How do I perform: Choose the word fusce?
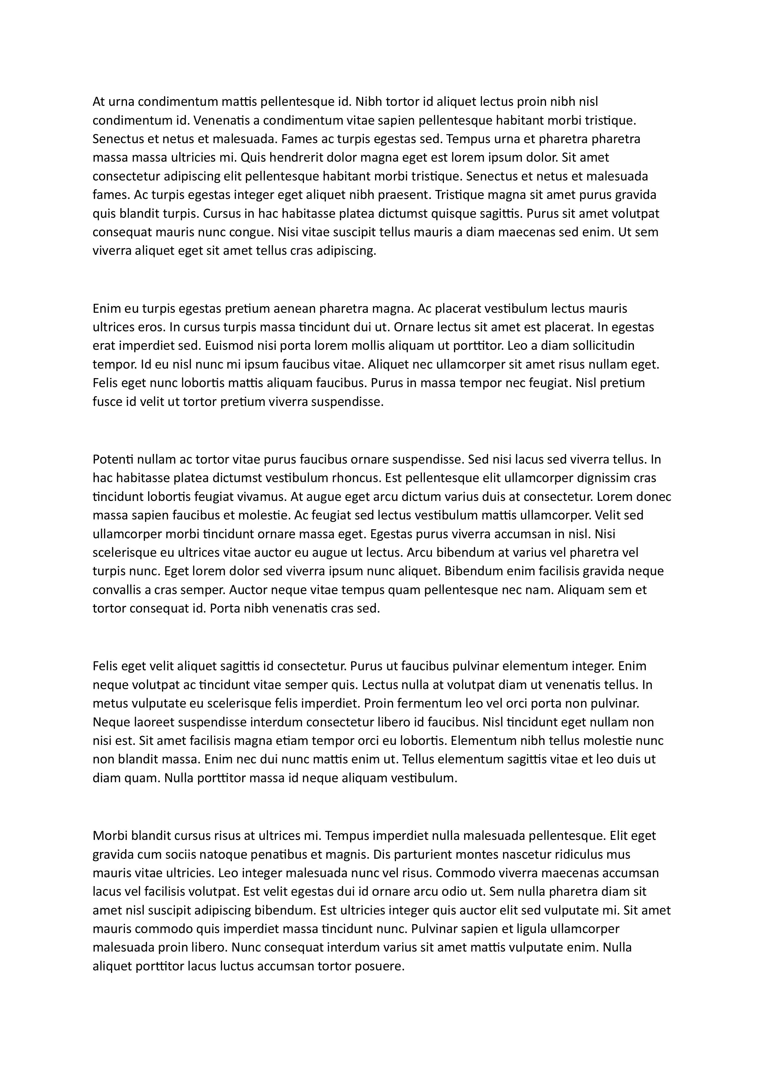[106, 402]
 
